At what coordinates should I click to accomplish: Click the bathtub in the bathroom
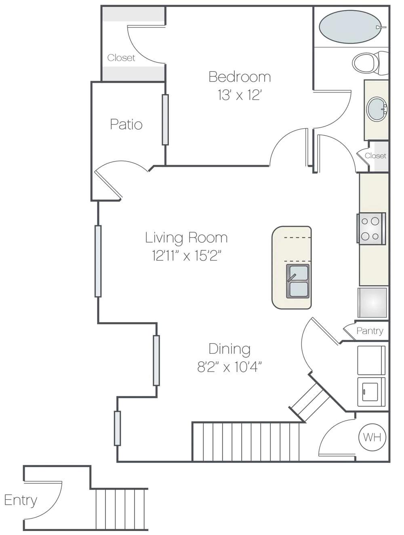tap(350, 27)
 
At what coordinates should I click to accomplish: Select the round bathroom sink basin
tap(377, 109)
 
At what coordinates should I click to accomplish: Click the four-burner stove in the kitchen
tap(371, 228)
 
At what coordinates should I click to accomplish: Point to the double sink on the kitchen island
tap(298, 281)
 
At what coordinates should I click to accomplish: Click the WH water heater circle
tap(372, 437)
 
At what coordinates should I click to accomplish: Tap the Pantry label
tap(370, 331)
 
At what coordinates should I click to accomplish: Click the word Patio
tap(126, 124)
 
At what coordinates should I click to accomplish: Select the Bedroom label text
tap(240, 77)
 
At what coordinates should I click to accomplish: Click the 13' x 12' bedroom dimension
tap(240, 95)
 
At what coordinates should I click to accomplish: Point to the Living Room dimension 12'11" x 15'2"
tap(187, 256)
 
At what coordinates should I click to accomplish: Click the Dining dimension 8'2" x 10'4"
tap(229, 367)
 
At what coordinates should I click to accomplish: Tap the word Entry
tap(21, 500)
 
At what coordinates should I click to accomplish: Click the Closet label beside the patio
tap(121, 58)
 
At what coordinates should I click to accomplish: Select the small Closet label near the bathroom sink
tap(375, 156)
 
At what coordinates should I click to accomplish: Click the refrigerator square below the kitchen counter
tap(372, 302)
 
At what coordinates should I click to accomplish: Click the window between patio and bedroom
tap(165, 120)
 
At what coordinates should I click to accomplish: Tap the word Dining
tap(229, 348)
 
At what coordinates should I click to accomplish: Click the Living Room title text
tap(186, 237)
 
